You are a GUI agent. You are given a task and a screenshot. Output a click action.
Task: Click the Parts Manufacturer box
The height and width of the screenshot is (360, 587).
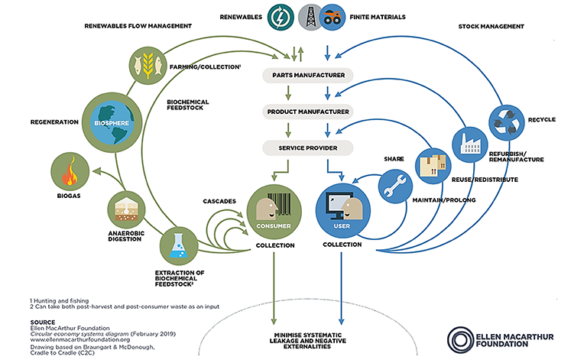pos(309,76)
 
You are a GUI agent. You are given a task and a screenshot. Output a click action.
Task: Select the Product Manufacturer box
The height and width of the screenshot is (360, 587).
pos(309,112)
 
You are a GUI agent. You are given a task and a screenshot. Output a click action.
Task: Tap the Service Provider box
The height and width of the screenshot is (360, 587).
pos(309,148)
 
